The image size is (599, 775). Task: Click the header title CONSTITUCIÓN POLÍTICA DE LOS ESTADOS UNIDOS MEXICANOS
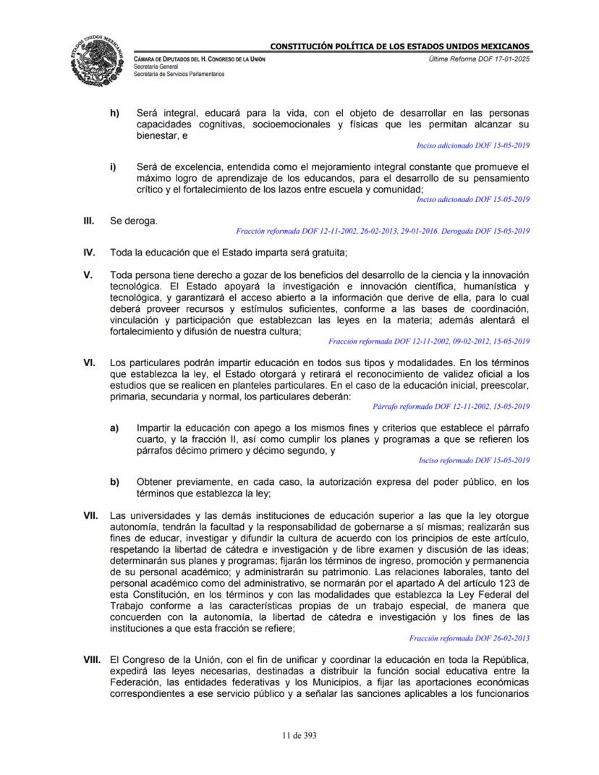tap(400, 47)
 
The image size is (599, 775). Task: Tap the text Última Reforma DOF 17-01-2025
tap(479, 58)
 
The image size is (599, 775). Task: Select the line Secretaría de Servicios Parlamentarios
tap(179, 75)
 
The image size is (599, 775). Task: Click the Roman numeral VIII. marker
tap(92, 661)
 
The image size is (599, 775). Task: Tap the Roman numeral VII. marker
tap(90, 515)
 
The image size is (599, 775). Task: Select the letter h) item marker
tap(114, 114)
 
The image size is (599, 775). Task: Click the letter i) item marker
tap(113, 166)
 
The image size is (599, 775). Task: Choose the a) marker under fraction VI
tap(114, 428)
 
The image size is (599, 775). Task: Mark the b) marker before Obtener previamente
tap(114, 482)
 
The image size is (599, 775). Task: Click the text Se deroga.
tap(133, 221)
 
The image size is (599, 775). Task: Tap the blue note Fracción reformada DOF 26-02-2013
tap(469, 638)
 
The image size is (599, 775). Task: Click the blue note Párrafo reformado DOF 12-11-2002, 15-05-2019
tap(451, 407)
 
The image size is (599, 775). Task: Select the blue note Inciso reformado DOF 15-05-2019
tap(474, 460)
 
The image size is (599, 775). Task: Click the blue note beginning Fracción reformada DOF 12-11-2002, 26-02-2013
tap(383, 232)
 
